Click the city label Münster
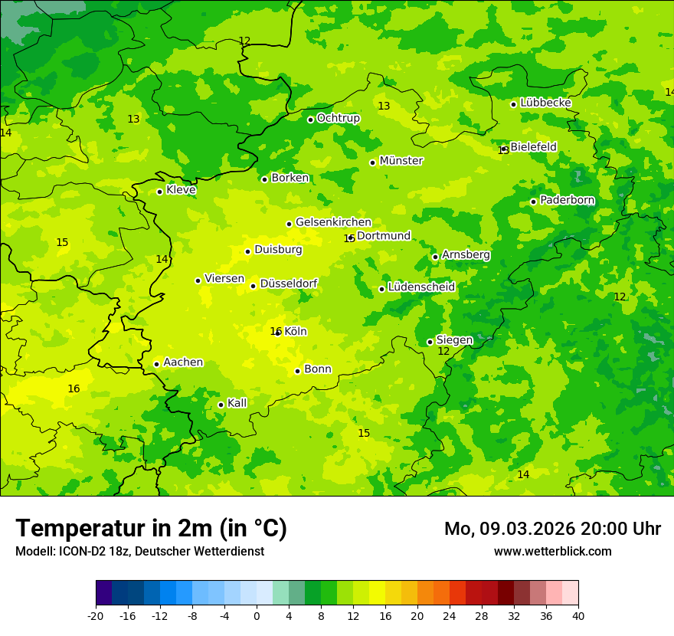click(x=401, y=161)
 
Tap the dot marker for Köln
click(x=278, y=333)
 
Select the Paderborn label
click(x=567, y=200)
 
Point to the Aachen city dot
click(x=156, y=364)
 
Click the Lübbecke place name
click(x=545, y=103)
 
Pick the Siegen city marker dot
click(x=430, y=342)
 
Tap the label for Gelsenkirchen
click(x=333, y=222)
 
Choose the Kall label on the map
click(x=237, y=403)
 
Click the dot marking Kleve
click(x=159, y=192)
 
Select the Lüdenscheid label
click(x=421, y=287)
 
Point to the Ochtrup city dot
click(x=310, y=120)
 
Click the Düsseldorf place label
click(x=289, y=284)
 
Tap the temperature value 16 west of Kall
click(x=74, y=388)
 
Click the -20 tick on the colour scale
click(x=96, y=616)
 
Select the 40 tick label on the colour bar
click(x=578, y=616)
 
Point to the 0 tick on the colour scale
click(x=257, y=616)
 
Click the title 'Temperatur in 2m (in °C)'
click(x=151, y=529)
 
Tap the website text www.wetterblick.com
click(x=552, y=551)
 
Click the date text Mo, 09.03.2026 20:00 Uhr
click(x=552, y=529)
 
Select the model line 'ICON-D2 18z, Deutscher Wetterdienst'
click(x=139, y=551)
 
